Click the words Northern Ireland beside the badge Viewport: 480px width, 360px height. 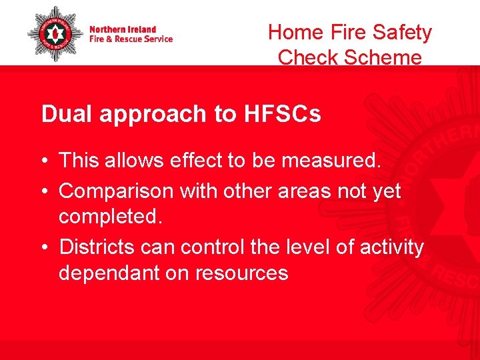point(123,29)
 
